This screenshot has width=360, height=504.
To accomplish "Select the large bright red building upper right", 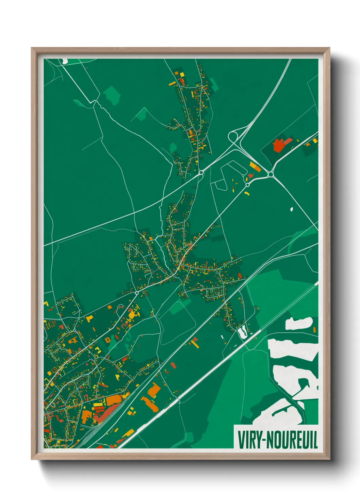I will [x=279, y=146].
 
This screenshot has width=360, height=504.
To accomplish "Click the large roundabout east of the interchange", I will [x=271, y=174].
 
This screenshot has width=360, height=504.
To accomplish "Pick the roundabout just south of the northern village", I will [x=201, y=173].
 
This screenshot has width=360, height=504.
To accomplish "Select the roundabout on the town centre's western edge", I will [x=137, y=293].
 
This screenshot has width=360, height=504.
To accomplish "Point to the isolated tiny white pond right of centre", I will [x=292, y=209].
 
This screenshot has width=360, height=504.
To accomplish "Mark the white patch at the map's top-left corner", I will [x=65, y=61].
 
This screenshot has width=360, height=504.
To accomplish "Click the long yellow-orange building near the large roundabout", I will [x=255, y=167].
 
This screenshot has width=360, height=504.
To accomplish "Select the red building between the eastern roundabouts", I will [x=251, y=176].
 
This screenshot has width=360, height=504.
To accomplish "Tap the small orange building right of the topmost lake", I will [x=315, y=330].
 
